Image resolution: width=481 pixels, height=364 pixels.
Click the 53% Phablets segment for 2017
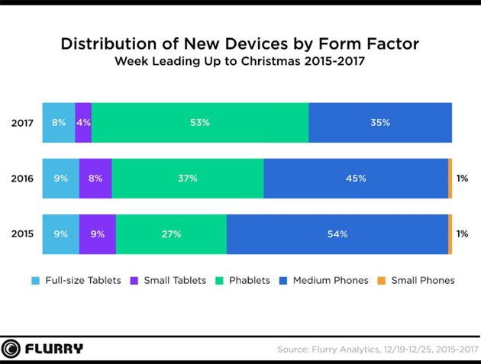pos(199,122)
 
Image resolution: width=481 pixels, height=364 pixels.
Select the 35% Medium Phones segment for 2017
pos(379,122)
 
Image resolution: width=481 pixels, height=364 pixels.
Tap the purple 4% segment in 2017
pos(83,122)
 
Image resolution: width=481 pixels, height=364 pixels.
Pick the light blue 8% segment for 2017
pos(59,122)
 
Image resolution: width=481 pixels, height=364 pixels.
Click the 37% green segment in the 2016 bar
pos(187,179)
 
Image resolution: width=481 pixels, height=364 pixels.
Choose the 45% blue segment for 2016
pos(355,179)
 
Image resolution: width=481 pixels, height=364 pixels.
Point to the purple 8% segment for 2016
pos(95,179)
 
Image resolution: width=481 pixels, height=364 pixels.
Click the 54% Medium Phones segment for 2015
pos(337,234)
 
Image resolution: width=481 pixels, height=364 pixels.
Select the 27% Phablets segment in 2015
pos(171,234)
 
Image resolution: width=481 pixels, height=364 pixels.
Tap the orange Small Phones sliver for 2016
pos(450,179)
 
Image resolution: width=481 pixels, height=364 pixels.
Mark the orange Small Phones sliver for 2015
pos(450,234)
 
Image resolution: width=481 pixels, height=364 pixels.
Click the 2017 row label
pos(22,122)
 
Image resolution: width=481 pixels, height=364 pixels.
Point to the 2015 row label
pos(22,234)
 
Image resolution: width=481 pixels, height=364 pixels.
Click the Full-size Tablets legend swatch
pos(35,280)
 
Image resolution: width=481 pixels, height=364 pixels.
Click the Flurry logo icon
pos(13,349)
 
